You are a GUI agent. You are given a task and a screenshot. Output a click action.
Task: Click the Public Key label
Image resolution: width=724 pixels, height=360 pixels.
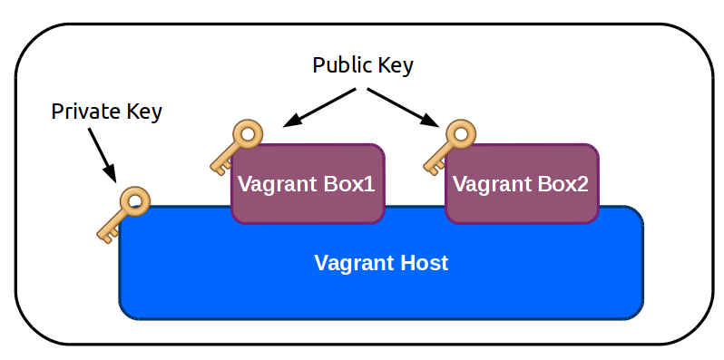pyautogui.click(x=363, y=65)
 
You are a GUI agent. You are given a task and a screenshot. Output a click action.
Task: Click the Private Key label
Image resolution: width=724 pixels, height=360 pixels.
pyautogui.click(x=106, y=112)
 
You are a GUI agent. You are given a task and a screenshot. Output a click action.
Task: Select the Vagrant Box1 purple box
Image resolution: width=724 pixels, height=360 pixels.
pyautogui.click(x=308, y=184)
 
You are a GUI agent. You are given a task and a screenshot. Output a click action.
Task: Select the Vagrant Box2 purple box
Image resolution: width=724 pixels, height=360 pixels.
pyautogui.click(x=521, y=184)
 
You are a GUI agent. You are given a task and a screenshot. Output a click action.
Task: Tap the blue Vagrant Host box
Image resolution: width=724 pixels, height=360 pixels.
pyautogui.click(x=381, y=272)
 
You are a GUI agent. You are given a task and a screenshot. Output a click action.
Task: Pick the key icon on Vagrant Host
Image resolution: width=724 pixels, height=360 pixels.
pyautogui.click(x=122, y=214)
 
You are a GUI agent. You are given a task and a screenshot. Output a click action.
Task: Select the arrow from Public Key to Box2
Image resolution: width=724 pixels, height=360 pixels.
pyautogui.click(x=404, y=108)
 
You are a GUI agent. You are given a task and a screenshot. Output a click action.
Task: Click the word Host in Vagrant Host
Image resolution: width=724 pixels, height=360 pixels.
pyautogui.click(x=424, y=264)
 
